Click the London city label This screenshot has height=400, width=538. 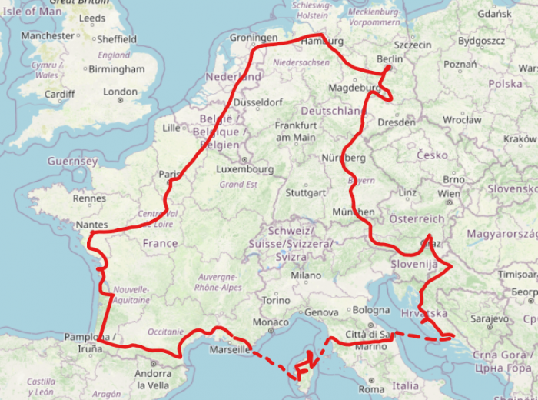[x=120, y=92]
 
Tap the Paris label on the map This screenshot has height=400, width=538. [x=169, y=175]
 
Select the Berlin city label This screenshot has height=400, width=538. [x=390, y=59]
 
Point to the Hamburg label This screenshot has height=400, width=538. [x=322, y=41]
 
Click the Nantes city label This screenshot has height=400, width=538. [x=92, y=225]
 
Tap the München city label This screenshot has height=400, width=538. [x=354, y=212]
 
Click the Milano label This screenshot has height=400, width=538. [x=306, y=275]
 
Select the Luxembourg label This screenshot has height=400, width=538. [x=245, y=168]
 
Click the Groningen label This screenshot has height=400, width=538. [x=254, y=38]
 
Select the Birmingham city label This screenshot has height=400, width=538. [x=116, y=68]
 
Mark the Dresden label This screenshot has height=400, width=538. [x=397, y=122]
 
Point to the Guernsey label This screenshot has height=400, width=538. [x=72, y=162]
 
